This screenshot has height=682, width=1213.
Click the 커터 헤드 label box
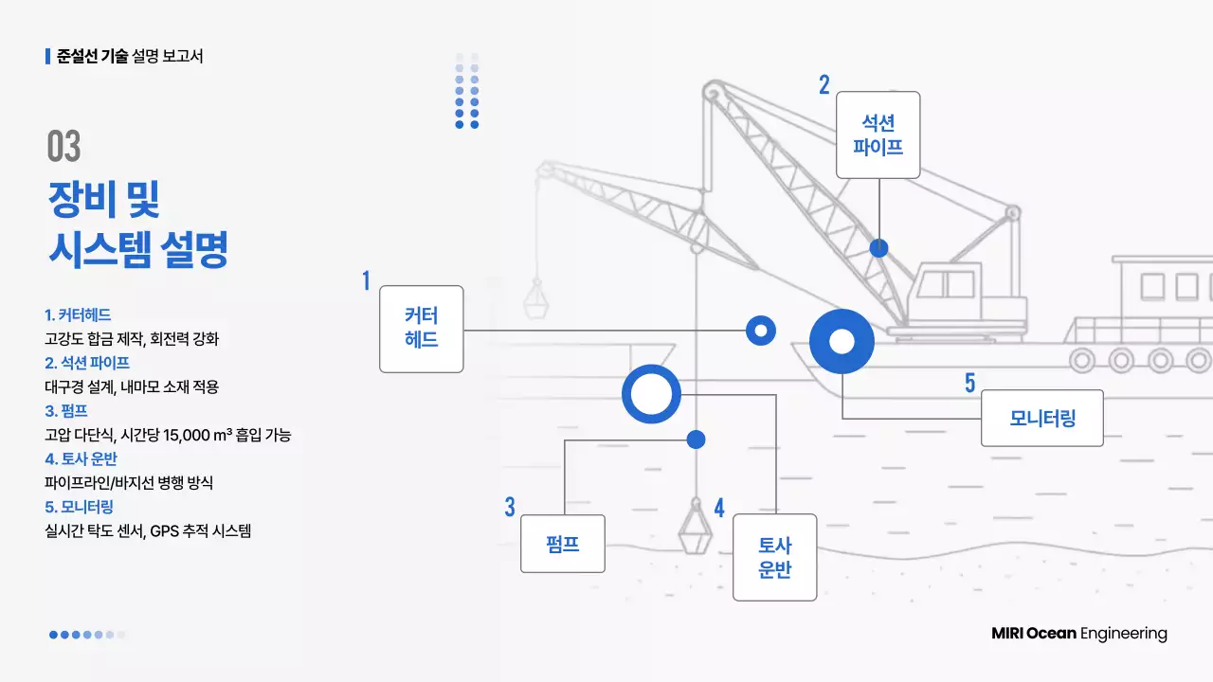coord(421,329)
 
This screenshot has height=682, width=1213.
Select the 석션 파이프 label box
coord(878,135)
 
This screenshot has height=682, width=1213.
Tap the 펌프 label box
coord(562,544)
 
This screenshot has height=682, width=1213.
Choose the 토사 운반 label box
coord(774,557)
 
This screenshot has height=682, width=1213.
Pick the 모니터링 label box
coord(1041,418)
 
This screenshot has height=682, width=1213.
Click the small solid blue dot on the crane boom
coord(879,248)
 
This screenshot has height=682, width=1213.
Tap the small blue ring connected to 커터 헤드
coord(760,330)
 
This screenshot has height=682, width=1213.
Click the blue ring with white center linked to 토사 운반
coord(651,394)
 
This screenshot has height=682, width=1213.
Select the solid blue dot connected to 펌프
coord(696,440)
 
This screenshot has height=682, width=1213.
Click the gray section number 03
coord(63,146)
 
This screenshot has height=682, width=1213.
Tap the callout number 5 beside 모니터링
coord(969,383)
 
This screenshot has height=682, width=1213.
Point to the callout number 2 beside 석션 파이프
coord(824,85)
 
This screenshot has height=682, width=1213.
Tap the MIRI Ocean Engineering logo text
coord(1078,634)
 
